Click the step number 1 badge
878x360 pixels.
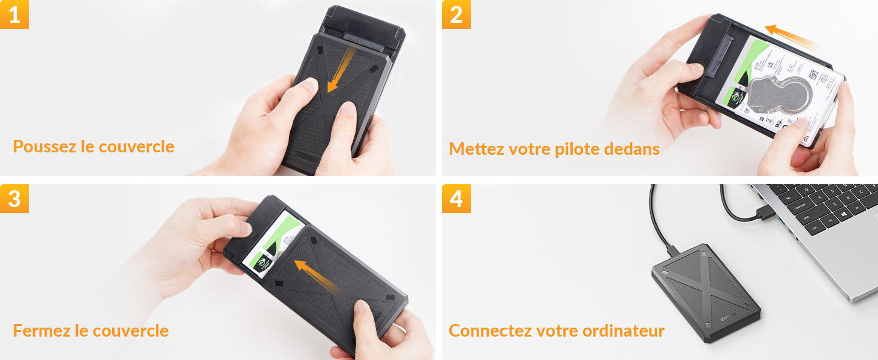tap(14, 14)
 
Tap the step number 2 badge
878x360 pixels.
tap(456, 14)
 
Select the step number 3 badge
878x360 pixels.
tap(14, 199)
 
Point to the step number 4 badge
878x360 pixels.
tap(456, 199)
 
